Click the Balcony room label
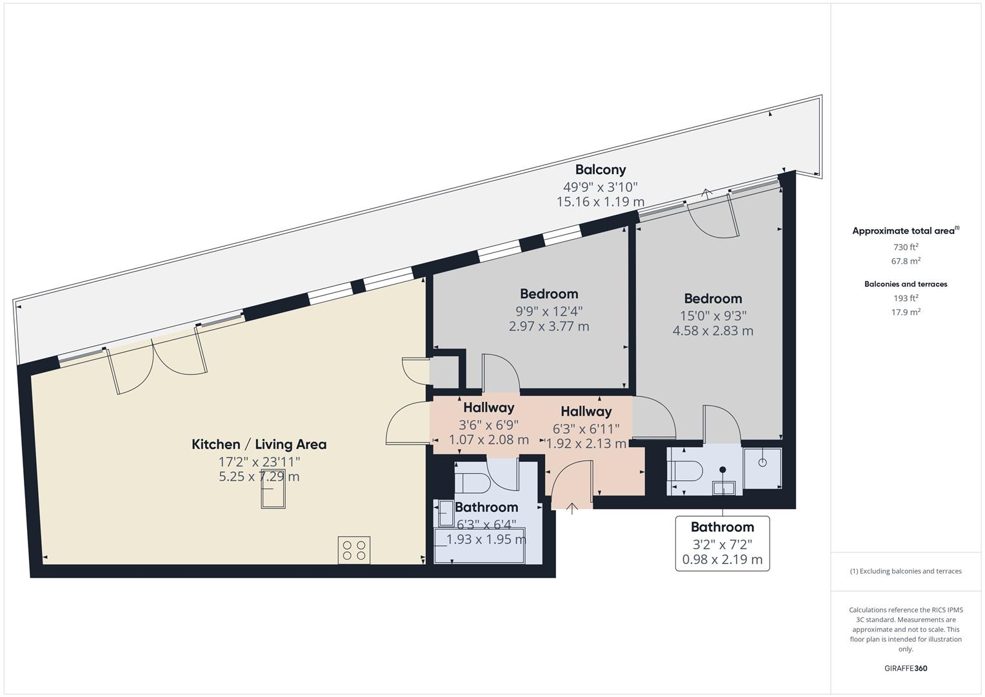[x=600, y=170]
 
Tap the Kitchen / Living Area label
[x=259, y=444]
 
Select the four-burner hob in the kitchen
[x=354, y=551]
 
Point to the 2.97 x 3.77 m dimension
[x=548, y=327]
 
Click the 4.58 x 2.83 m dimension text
[x=713, y=331]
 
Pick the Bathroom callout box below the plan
[x=722, y=543]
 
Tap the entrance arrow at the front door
[x=572, y=507]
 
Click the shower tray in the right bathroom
[x=762, y=467]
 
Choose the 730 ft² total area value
[x=906, y=247]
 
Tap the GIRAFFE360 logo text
[x=905, y=669]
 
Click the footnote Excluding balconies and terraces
[x=905, y=571]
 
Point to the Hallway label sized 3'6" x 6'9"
[x=488, y=408]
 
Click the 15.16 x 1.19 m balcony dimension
[x=600, y=202]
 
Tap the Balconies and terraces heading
[x=905, y=284]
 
